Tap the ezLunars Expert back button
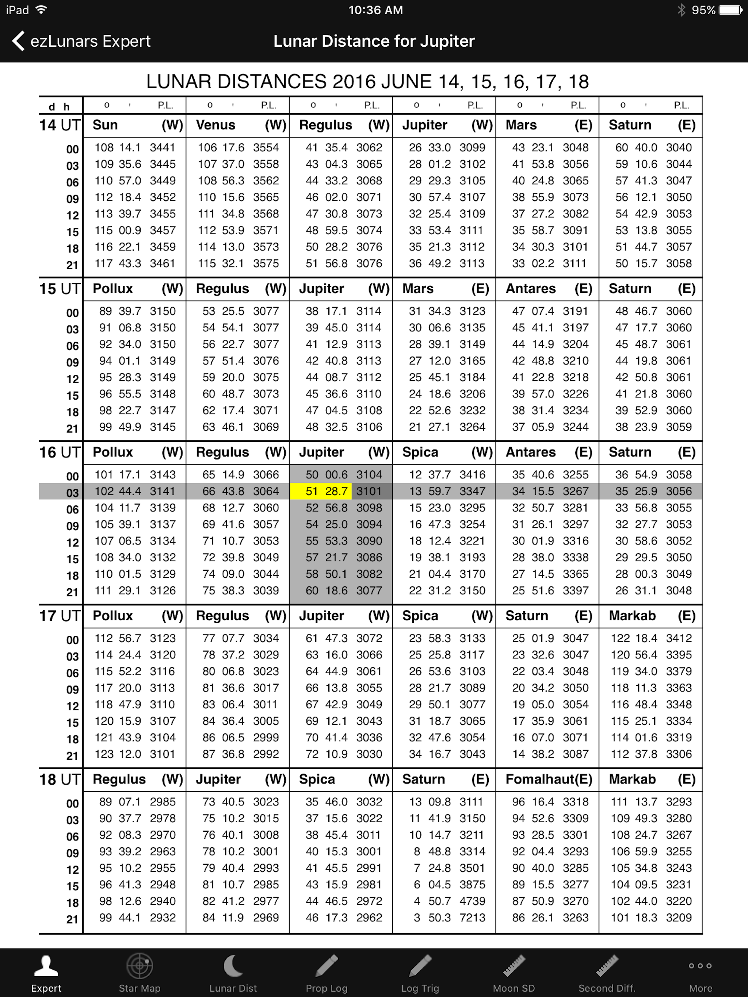[81, 41]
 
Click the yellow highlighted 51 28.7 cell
[321, 491]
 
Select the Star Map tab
[140, 973]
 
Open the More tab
[700, 973]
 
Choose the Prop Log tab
[327, 973]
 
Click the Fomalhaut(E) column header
[549, 779]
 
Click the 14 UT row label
[60, 125]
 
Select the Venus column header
[215, 125]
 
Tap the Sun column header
[105, 125]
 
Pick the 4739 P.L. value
[472, 901]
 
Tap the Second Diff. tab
[607, 973]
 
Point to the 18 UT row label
[60, 779]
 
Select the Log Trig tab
[420, 973]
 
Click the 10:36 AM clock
[375, 10]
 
